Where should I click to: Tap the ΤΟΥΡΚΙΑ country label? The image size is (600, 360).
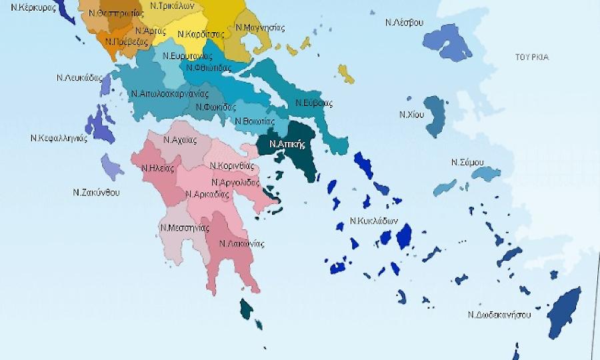531,57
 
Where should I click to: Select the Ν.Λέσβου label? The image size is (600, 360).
404,23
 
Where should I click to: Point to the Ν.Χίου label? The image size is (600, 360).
411,114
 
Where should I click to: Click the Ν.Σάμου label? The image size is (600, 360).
467,162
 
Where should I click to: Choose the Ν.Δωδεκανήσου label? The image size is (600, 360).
499,315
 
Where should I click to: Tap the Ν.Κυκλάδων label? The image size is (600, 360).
373,220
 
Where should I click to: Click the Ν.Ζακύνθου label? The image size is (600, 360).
96,192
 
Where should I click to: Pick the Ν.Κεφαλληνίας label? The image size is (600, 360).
59,139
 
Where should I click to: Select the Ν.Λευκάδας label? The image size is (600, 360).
78,77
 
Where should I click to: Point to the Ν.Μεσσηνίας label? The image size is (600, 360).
181,227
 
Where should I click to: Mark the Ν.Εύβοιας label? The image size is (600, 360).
314,103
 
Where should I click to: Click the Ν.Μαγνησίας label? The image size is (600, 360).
261,28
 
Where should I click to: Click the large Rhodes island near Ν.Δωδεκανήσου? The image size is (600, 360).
564,312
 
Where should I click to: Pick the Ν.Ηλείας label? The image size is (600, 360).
158,168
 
